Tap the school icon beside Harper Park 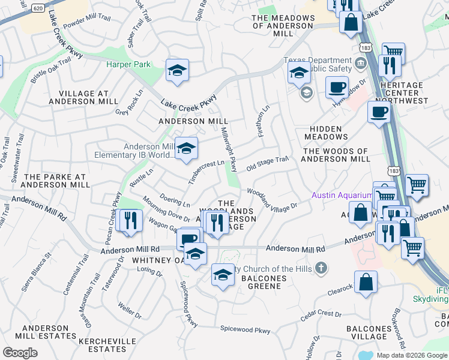coord(177,71)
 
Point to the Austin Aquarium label coord(342,196)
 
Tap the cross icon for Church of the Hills coord(322,268)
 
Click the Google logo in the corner coord(20,353)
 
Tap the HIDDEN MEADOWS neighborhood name coord(326,133)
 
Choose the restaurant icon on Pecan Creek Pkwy coord(128,220)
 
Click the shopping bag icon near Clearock coord(366,283)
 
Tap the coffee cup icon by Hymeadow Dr coord(337,87)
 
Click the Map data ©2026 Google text coord(412,355)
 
